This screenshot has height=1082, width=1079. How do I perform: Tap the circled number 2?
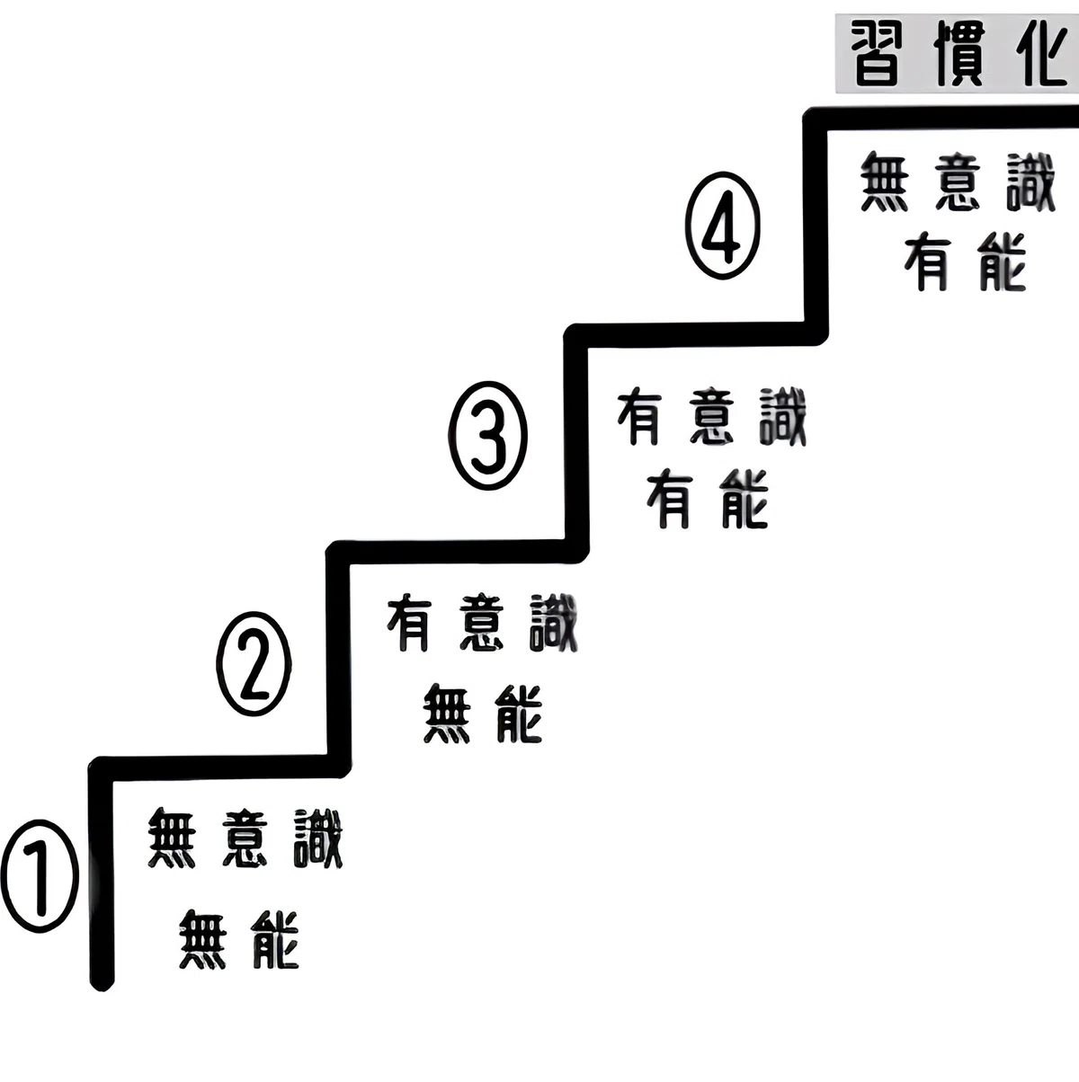(x=254, y=664)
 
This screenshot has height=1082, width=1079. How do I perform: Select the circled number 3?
(x=487, y=435)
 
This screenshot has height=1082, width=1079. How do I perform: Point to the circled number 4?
(x=723, y=226)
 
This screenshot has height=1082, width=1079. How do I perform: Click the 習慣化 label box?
(x=957, y=54)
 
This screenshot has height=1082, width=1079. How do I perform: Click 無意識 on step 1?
(x=245, y=838)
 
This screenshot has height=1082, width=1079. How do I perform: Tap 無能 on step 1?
(x=239, y=940)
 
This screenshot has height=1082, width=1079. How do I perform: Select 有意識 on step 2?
(x=482, y=624)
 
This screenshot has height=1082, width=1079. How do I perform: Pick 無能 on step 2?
(x=482, y=714)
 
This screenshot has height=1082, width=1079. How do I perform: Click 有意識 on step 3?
(x=711, y=417)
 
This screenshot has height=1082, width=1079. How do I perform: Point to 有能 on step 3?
(x=707, y=501)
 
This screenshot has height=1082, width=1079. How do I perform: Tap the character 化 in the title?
(x=1041, y=54)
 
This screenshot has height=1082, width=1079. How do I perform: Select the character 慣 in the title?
(x=959, y=54)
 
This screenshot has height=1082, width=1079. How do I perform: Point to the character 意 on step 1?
(x=244, y=838)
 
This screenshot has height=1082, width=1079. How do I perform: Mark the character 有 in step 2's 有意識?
(x=408, y=624)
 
